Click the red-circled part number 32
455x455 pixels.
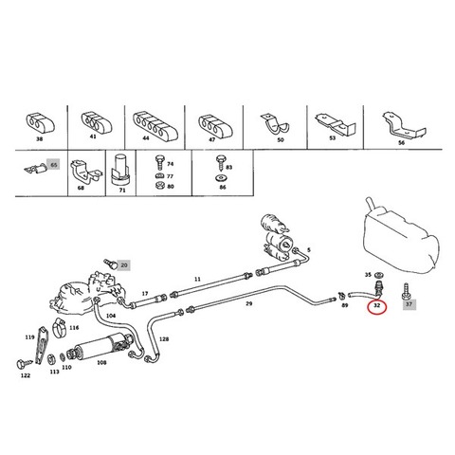376,305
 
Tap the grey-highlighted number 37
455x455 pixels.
409,304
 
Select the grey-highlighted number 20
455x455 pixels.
124,265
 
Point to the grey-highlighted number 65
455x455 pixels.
54,165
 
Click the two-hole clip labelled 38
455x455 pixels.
40,123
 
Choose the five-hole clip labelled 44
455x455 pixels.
155,124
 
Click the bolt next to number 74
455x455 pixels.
160,163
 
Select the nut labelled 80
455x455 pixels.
160,186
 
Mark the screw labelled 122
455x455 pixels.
24,364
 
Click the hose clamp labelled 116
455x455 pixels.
60,328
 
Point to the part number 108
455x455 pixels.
101,362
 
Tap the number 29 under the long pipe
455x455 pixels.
249,303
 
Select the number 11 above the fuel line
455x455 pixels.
197,279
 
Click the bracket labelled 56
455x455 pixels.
403,125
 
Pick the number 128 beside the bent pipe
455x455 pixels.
164,339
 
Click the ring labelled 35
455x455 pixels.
378,275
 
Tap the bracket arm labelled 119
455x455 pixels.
41,346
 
